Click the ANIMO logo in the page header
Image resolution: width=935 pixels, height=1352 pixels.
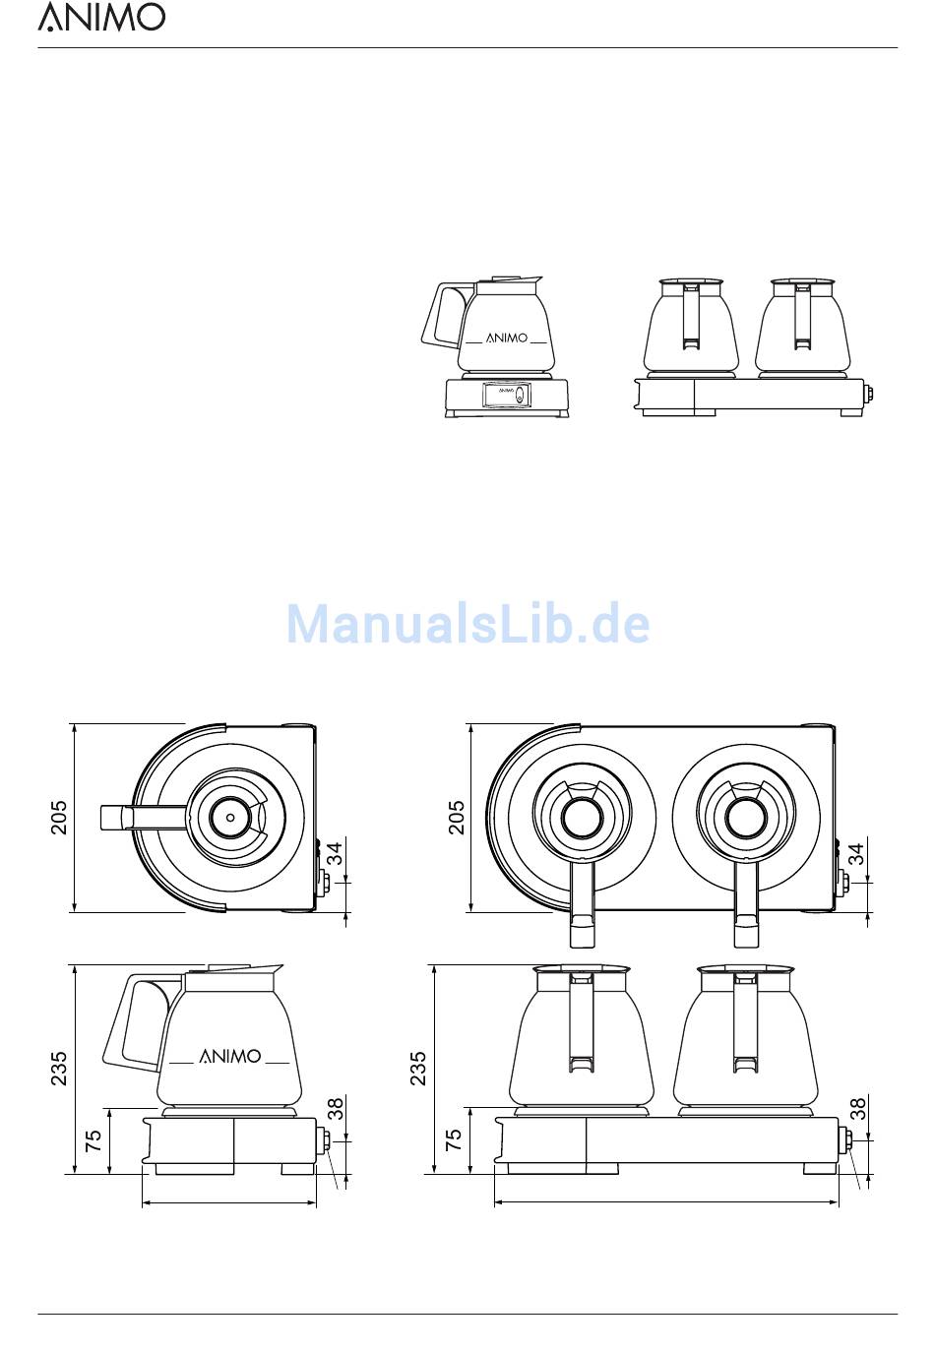[101, 17]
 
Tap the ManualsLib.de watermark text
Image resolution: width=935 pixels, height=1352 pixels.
[467, 624]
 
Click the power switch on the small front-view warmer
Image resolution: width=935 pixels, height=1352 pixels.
[519, 396]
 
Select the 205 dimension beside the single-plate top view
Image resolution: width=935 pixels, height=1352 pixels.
[59, 818]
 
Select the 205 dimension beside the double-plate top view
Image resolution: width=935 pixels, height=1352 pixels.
[457, 818]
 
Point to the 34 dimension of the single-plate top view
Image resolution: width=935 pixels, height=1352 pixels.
[336, 854]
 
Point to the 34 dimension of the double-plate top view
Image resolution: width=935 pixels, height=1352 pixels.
[857, 854]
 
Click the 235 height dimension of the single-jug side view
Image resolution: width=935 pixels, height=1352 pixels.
[59, 1069]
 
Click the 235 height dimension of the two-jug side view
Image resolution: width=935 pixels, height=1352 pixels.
[419, 1069]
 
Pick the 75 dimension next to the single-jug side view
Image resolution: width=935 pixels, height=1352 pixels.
[94, 1141]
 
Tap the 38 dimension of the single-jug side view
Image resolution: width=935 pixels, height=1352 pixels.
[336, 1110]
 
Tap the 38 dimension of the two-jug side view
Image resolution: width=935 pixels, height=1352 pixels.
[857, 1110]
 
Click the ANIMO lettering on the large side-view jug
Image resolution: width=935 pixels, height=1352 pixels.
[230, 1057]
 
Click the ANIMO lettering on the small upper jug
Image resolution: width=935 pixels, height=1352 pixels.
[507, 338]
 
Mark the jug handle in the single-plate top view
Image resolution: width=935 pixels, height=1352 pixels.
[143, 817]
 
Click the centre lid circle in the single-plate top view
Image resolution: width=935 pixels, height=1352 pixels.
[229, 816]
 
